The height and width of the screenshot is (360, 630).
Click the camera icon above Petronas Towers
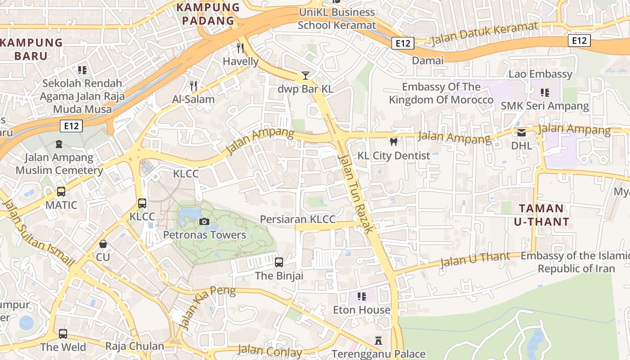pos(204,221)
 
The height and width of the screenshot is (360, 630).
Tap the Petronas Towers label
pos(204,235)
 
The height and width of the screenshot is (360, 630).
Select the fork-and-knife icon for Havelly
pos(241,48)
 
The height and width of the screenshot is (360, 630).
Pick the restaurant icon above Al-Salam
pos(193,85)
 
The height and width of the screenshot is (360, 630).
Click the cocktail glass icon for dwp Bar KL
pos(306,75)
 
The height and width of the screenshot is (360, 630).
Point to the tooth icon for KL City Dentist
pos(394,142)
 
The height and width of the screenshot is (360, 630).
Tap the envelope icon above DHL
pos(522,132)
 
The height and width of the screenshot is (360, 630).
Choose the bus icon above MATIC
pos(61,192)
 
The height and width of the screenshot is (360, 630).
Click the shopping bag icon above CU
pos(103,244)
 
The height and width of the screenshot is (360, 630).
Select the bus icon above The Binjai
pos(279,262)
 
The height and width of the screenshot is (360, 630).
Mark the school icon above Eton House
pos(361,297)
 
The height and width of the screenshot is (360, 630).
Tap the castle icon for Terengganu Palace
pos(378,341)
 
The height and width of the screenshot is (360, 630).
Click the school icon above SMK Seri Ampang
pos(545,93)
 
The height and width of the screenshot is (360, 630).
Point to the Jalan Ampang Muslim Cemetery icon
pos(59,144)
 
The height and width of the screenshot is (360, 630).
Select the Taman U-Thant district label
pos(541,215)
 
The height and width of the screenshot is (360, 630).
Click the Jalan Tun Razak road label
pos(355,193)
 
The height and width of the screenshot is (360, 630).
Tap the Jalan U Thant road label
pos(475,259)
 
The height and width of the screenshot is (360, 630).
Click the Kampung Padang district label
pos(208,14)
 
